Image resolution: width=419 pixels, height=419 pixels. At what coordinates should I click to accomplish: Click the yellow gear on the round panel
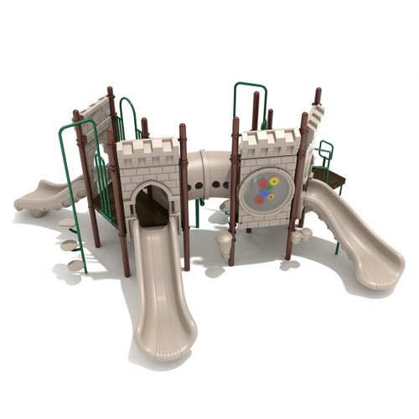point(272,182)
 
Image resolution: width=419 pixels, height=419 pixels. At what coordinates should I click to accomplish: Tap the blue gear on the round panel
point(264,194)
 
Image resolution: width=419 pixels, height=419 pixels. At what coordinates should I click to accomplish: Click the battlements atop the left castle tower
point(147,149)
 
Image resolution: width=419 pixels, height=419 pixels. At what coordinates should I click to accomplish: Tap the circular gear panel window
point(265,190)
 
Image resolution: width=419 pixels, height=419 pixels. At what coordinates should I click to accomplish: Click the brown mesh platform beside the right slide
point(328,176)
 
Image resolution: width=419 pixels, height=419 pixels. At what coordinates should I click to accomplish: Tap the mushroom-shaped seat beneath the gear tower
point(224,243)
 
